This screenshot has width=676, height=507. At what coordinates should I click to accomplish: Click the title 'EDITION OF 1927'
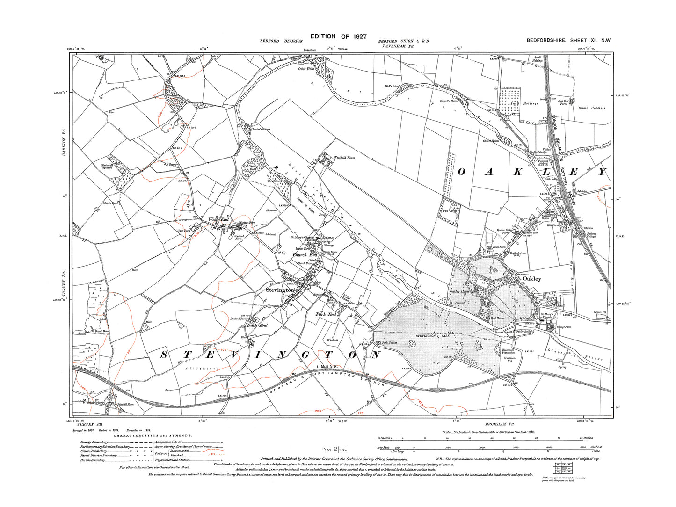click(x=338, y=36)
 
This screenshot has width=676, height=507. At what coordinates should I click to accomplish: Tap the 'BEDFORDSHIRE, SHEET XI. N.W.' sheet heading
click(x=569, y=41)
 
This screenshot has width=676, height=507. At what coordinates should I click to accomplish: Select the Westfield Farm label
click(x=344, y=158)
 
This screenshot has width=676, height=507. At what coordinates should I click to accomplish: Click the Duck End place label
click(x=257, y=325)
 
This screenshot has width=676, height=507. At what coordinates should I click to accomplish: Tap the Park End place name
click(x=326, y=314)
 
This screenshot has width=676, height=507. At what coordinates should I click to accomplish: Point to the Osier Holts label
click(x=306, y=69)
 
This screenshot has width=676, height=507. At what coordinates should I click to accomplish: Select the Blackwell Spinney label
click(x=107, y=166)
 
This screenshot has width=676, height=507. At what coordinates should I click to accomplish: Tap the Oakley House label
click(x=459, y=292)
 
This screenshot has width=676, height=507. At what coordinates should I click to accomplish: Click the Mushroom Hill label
click(x=509, y=359)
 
